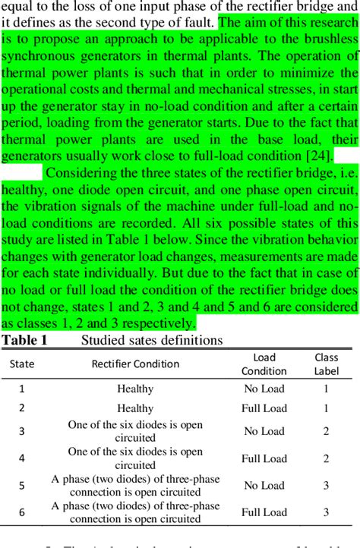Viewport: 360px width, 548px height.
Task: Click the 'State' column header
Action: [22, 364]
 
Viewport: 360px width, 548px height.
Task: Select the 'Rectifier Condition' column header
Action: [136, 364]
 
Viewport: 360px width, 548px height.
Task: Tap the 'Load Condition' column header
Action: [264, 364]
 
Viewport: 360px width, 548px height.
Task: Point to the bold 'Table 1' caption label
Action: [24, 340]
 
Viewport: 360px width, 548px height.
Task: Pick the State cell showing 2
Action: [22, 408]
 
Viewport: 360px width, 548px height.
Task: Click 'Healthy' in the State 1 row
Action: [135, 389]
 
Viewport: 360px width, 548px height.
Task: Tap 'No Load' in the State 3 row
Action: [264, 431]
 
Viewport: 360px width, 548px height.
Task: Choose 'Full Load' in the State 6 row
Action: [264, 512]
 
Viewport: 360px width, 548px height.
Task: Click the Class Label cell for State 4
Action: [326, 458]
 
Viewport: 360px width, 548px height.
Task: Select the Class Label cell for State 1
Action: [326, 389]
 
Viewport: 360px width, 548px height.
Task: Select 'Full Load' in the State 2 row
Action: [264, 408]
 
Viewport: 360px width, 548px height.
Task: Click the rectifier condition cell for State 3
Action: [135, 431]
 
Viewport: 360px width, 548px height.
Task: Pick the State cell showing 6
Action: [22, 512]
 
